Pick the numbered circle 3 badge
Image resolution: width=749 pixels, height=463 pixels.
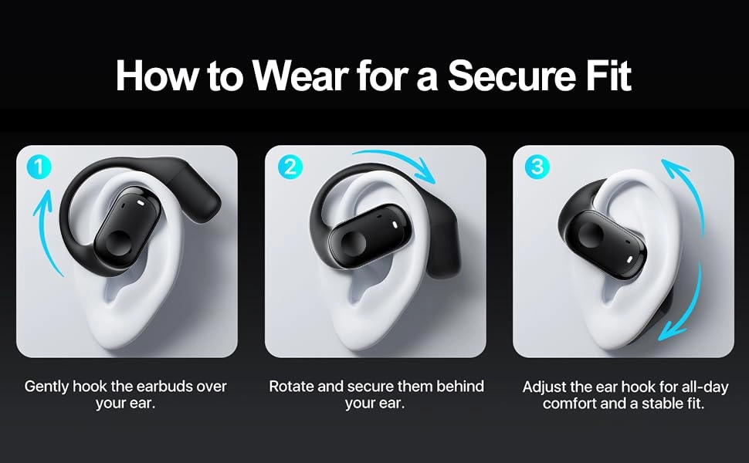point(534,167)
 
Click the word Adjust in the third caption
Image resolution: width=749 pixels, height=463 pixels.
point(545,386)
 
